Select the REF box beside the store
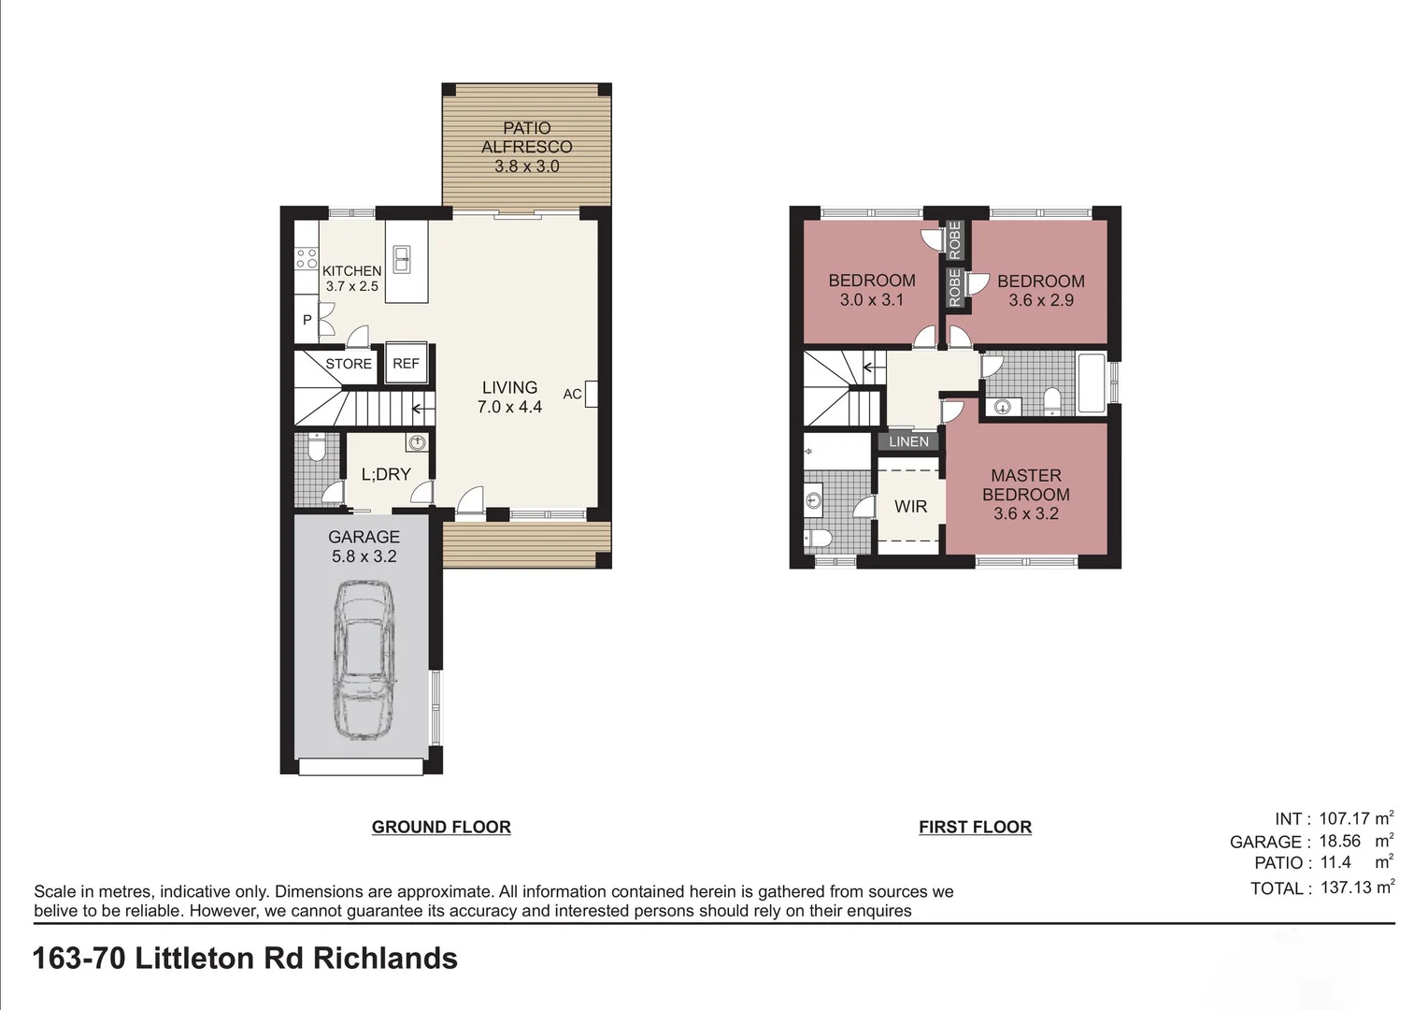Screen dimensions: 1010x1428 tap(407, 364)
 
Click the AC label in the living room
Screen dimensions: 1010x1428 tap(572, 395)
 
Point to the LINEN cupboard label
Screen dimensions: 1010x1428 tap(909, 441)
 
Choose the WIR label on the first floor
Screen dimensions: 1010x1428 tap(910, 507)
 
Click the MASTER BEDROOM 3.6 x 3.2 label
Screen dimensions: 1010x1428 tap(1025, 495)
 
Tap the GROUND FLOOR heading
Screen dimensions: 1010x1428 tap(441, 827)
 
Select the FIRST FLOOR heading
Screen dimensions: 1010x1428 tap(975, 827)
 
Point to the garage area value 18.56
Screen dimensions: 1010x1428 tap(1339, 842)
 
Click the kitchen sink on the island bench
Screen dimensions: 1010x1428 tap(402, 258)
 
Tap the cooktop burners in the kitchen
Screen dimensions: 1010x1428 tap(306, 258)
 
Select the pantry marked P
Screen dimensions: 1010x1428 tap(307, 321)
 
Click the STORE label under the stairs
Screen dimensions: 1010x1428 tap(349, 364)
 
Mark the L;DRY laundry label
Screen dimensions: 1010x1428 tap(386, 474)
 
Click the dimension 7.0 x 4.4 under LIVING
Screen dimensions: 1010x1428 tap(509, 407)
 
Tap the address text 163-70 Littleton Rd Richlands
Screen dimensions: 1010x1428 tap(245, 959)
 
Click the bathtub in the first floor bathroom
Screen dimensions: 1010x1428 tap(1092, 383)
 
